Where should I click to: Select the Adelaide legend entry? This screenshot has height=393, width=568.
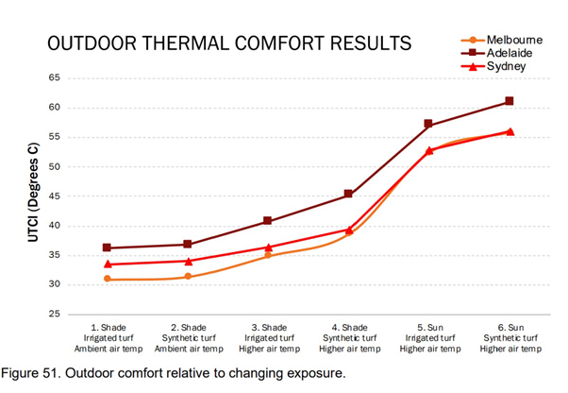508,54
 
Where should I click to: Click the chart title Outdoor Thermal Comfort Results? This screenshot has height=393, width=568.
228,44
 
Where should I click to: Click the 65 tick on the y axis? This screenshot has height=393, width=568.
57,78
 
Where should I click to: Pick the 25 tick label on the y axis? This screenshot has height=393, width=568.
57,314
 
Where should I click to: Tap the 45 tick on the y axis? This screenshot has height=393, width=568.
57,196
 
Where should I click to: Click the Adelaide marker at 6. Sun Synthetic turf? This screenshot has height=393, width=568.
510,101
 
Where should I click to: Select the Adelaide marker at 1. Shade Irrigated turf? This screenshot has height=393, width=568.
107,248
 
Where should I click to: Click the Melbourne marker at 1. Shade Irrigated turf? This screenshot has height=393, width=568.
107,279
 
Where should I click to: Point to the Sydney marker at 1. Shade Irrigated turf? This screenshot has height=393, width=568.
107,265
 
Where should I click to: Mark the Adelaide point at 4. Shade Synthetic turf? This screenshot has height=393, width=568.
348,195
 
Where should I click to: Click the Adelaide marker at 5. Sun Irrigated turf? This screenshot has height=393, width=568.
428,124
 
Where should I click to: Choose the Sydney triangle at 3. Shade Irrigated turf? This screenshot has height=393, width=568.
268,248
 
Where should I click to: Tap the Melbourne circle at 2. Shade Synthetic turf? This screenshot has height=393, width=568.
188,277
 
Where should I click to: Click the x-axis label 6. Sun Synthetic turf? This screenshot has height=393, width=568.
510,338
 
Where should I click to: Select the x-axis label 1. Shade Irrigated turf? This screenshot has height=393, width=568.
107,338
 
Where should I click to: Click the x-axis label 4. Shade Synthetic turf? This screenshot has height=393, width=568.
348,338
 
